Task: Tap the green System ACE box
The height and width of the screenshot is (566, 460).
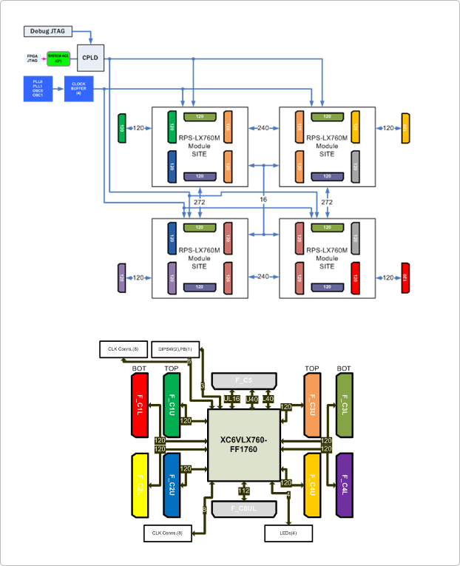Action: coord(58,58)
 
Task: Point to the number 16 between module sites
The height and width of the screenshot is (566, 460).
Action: coord(264,201)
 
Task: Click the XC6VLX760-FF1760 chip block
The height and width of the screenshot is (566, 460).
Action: coord(243,444)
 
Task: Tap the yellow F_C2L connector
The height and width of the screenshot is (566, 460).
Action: coord(141,484)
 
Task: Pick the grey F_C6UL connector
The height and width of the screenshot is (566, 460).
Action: coord(243,508)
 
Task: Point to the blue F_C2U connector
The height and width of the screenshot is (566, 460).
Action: coord(172,484)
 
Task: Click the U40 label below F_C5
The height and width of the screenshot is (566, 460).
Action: coord(252,399)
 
